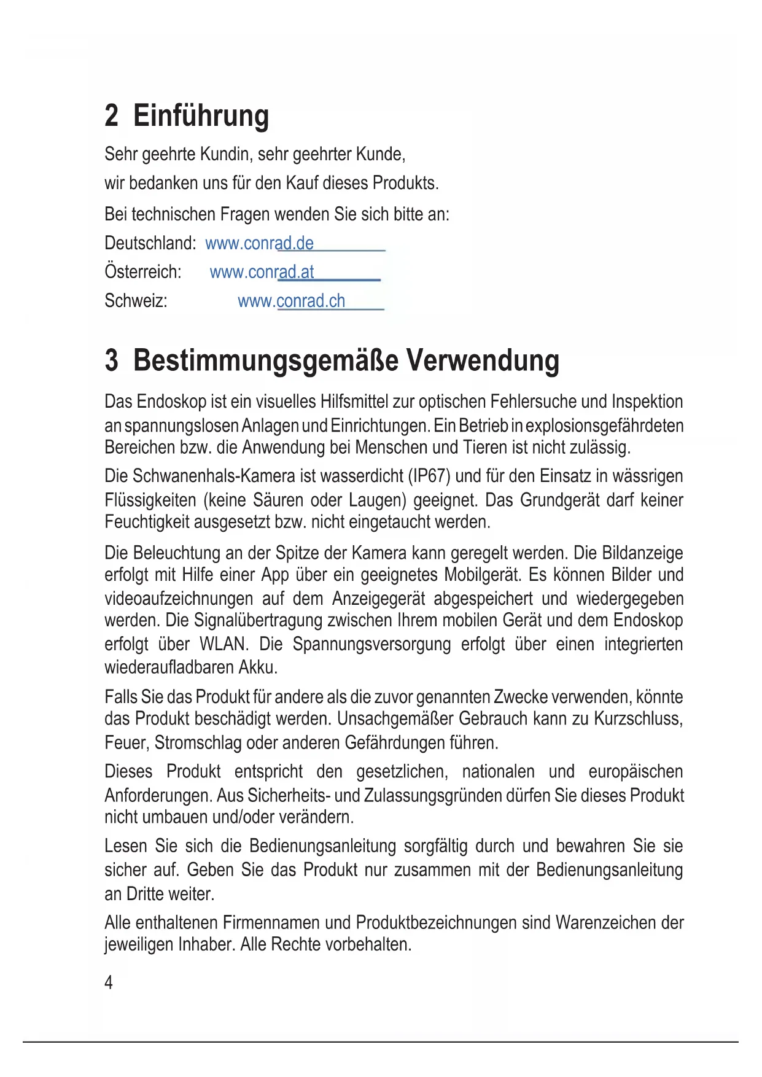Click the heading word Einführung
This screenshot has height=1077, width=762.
tap(201, 115)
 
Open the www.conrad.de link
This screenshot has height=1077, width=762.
tap(259, 243)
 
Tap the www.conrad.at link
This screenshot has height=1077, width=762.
tap(262, 272)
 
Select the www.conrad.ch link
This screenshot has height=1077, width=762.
tap(291, 301)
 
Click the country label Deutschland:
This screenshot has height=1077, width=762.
tap(150, 243)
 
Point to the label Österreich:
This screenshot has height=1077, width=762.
tap(142, 272)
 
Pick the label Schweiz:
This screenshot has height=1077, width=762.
tap(136, 301)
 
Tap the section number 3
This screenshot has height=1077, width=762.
tap(111, 360)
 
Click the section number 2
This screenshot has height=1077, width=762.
tap(111, 115)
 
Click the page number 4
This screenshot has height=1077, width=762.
tap(109, 982)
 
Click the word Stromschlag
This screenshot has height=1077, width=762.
tap(198, 743)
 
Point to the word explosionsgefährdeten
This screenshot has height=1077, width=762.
tap(604, 426)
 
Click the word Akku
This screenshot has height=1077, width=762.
tap(258, 667)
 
